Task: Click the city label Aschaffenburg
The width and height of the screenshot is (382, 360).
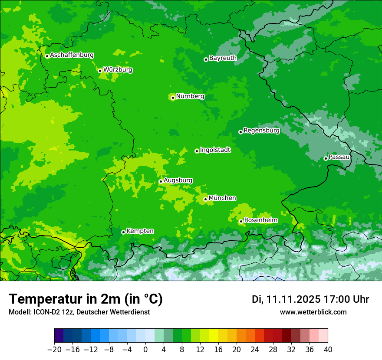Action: tap(72, 55)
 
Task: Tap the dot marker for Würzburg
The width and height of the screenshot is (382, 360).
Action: tap(100, 71)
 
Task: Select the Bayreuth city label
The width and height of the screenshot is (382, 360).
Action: tap(223, 58)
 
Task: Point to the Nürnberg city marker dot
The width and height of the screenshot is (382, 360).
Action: tap(173, 98)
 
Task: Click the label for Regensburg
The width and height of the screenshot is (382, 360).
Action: tap(261, 131)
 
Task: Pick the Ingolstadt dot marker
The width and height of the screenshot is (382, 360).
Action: tap(197, 151)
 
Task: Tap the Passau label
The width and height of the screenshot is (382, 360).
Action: tap(339, 157)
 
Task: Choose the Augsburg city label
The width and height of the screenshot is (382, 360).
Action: tap(178, 180)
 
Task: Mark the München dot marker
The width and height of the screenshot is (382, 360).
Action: tap(205, 199)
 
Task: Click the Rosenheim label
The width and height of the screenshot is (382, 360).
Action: tap(260, 220)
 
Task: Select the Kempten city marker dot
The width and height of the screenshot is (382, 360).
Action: tap(123, 232)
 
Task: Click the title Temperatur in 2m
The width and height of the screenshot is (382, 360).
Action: tap(86, 299)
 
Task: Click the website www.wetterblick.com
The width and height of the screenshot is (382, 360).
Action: tap(313, 312)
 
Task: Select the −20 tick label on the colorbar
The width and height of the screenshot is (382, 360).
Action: tap(54, 349)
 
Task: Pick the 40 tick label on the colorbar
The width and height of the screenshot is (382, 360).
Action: tap(328, 349)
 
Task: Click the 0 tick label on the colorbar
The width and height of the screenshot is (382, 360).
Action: tap(145, 349)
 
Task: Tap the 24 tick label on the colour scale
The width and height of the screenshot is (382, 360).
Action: tap(255, 349)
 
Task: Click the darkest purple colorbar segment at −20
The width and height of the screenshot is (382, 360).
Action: tap(59, 336)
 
